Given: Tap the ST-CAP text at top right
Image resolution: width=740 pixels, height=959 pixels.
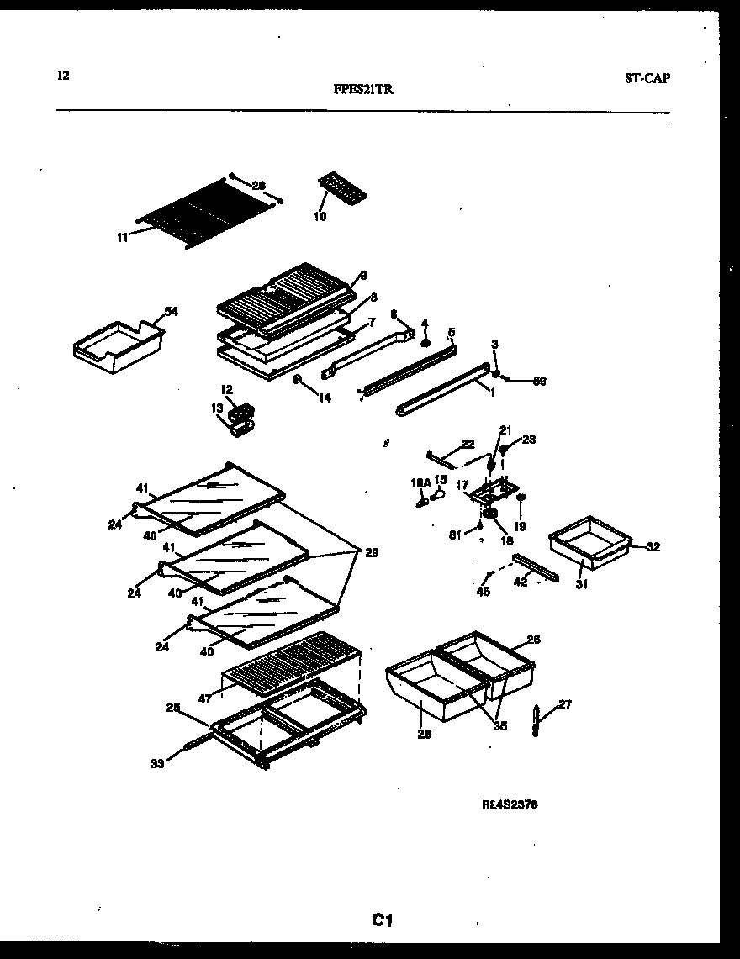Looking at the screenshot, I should point(647,78).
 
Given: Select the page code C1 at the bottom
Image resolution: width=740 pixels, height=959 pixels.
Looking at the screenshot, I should point(383,921).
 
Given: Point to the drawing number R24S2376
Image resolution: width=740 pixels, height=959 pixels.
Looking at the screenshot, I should point(510,804).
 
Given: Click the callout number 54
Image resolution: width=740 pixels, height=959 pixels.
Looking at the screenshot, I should point(172,312).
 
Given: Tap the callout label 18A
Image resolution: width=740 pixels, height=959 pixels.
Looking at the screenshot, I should point(420,482).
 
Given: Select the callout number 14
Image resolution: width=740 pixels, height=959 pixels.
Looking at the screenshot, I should point(324,398).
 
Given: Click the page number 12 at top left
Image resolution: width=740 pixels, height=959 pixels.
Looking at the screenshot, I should point(63,75).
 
